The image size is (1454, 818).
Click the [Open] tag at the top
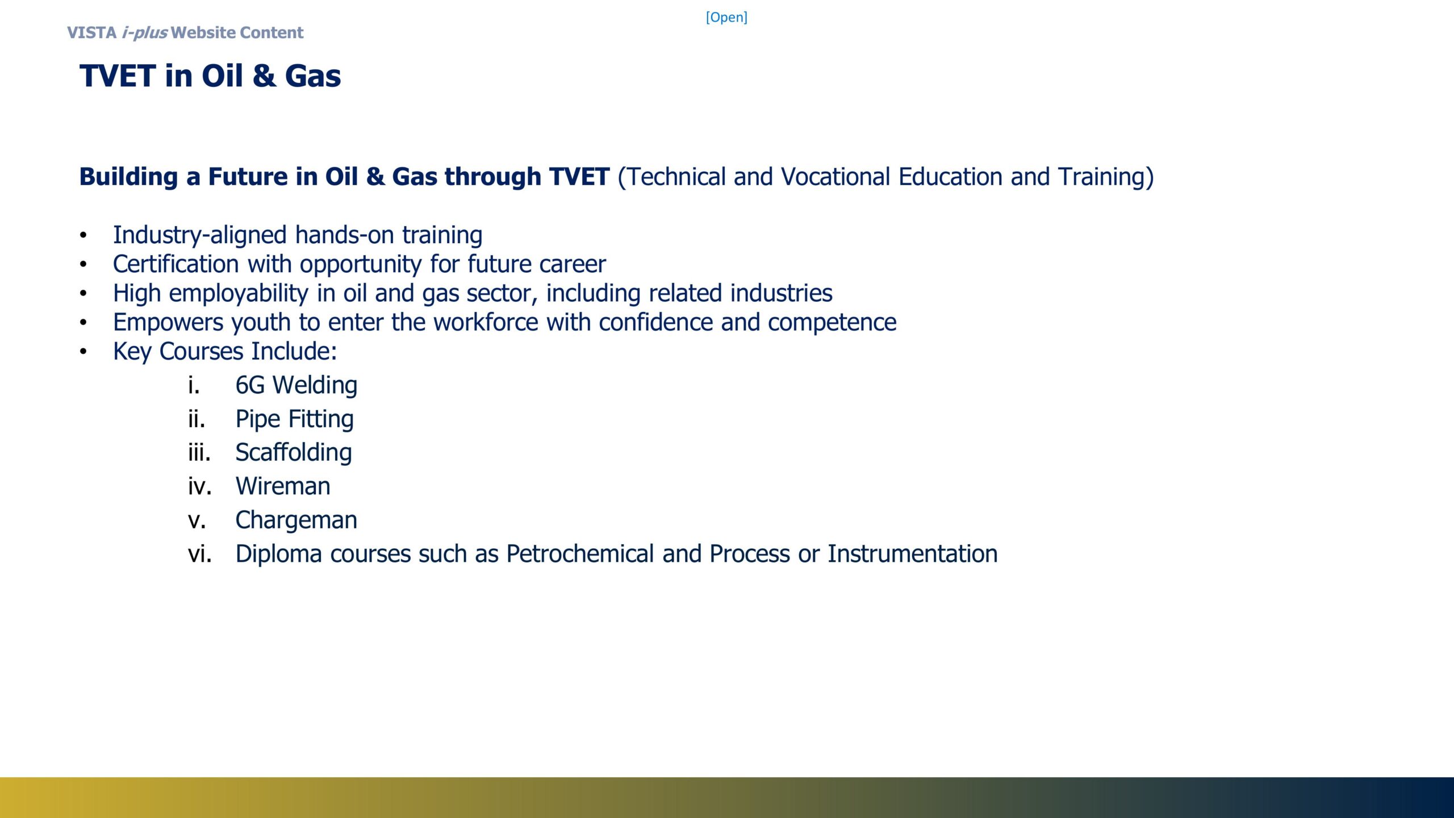pyautogui.click(x=726, y=17)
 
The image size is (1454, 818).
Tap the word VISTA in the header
pyautogui.click(x=92, y=32)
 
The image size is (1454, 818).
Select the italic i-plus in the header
pyautogui.click(x=144, y=32)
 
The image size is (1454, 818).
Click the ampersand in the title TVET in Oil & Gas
pyautogui.click(x=264, y=76)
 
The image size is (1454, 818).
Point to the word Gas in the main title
pyautogui.click(x=313, y=76)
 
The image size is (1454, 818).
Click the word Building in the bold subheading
pyautogui.click(x=129, y=177)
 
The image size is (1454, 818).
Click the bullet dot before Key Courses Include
pyautogui.click(x=83, y=352)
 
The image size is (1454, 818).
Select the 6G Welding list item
pyautogui.click(x=296, y=385)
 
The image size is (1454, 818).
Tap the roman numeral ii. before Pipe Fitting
pyautogui.click(x=197, y=419)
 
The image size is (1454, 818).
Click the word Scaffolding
pyautogui.click(x=294, y=453)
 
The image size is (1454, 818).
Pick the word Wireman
pyautogui.click(x=283, y=486)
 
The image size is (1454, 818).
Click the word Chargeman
pyautogui.click(x=296, y=520)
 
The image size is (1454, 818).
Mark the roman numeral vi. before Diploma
pyautogui.click(x=200, y=554)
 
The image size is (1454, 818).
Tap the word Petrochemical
pyautogui.click(x=580, y=554)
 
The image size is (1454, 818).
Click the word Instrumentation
pyautogui.click(x=913, y=554)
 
